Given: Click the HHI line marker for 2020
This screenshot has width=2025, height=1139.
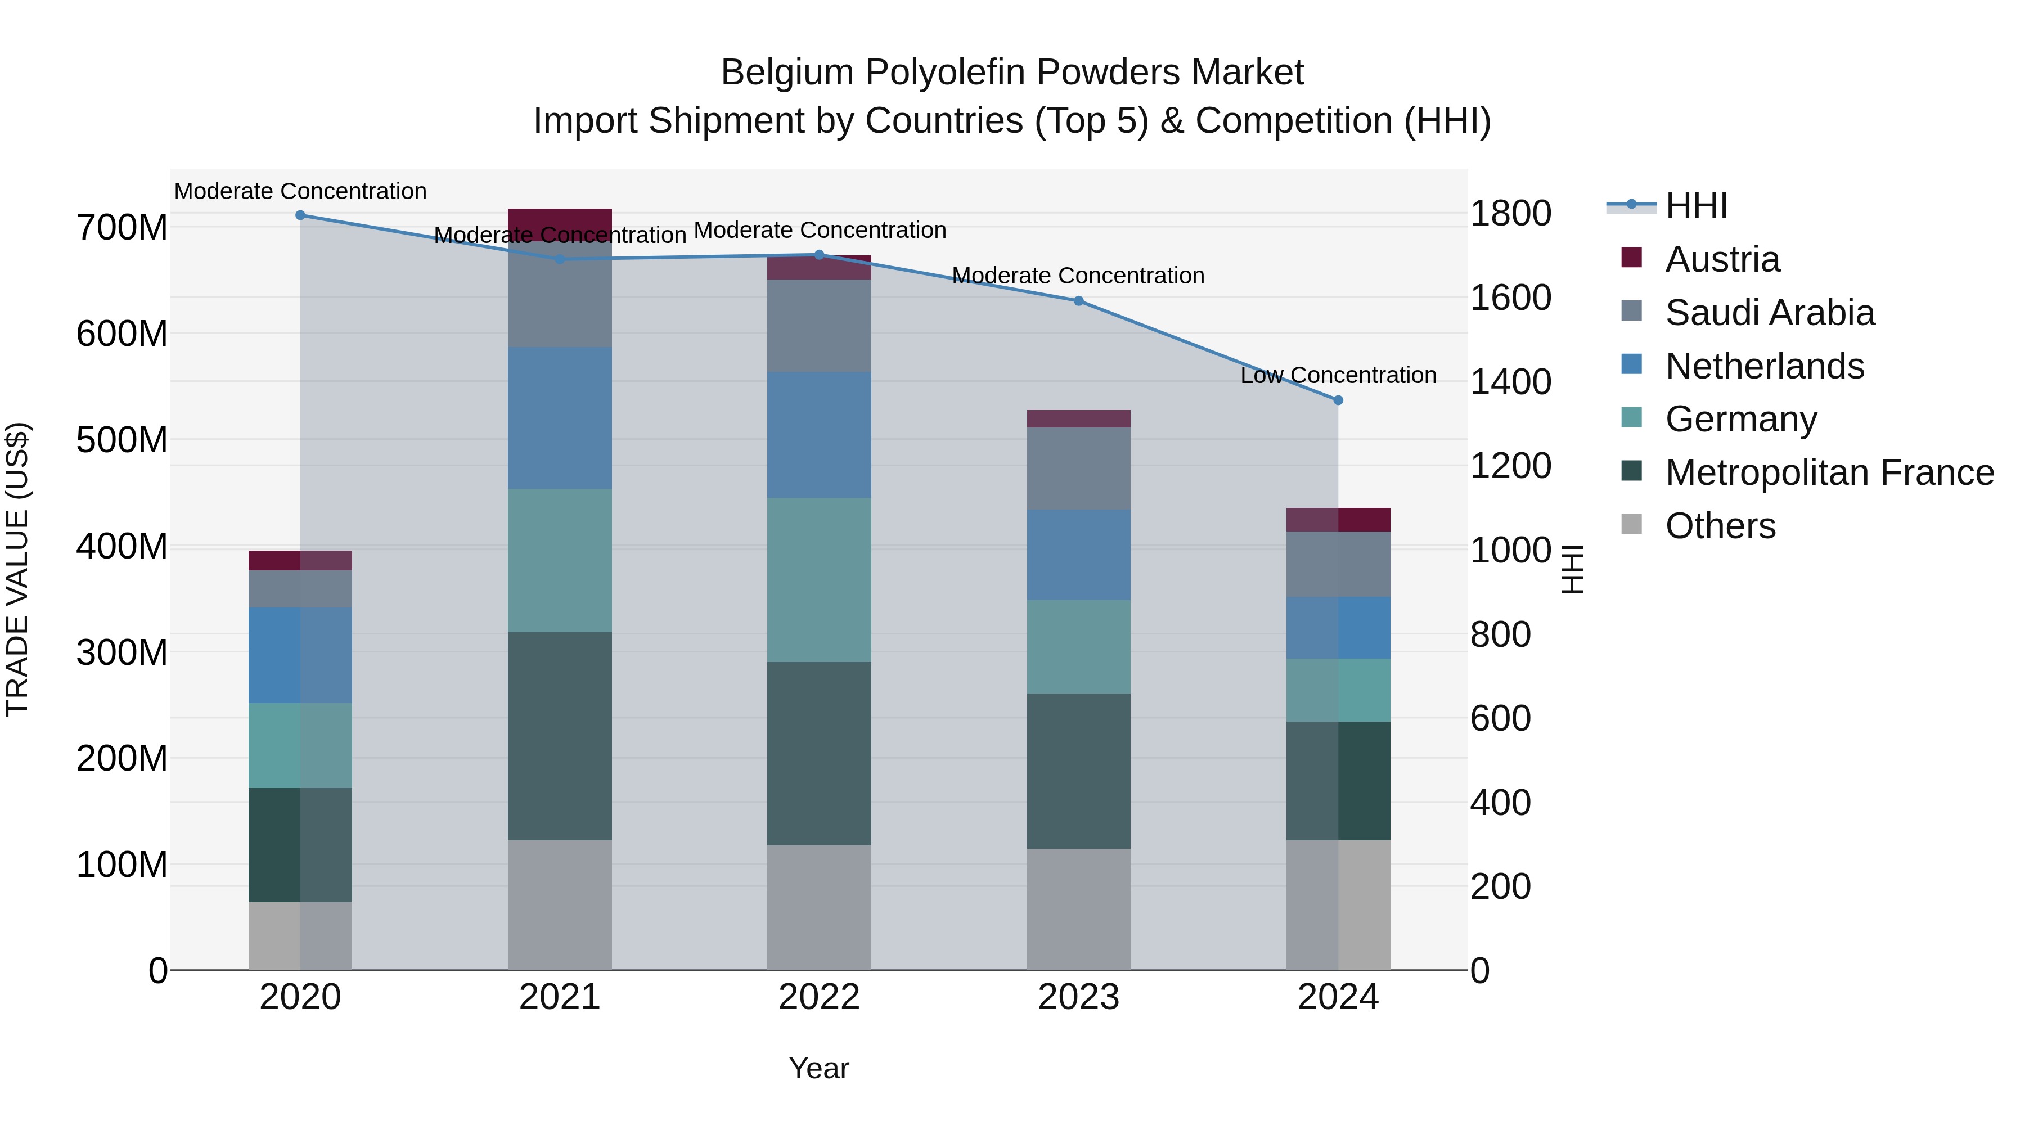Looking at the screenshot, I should point(300,215).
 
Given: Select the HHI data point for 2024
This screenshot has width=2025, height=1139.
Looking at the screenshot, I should point(1338,400).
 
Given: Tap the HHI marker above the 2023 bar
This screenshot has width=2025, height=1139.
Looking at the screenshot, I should point(1078,301).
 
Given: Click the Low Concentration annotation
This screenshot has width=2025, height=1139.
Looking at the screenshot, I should point(1338,376).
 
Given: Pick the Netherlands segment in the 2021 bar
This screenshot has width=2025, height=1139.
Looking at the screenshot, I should point(560,418).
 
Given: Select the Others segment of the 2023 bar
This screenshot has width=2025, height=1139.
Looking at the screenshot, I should point(1078,909).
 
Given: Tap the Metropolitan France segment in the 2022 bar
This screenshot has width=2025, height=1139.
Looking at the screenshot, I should point(819,753).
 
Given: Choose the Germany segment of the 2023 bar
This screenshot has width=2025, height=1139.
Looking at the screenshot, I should point(1078,646).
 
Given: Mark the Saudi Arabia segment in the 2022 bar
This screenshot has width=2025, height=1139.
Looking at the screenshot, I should point(819,326).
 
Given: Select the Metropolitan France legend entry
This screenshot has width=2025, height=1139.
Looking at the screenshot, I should point(1829,472).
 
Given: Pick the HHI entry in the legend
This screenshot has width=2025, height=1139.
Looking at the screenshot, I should point(1695,206).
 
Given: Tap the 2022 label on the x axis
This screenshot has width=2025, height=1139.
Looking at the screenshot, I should point(819,997).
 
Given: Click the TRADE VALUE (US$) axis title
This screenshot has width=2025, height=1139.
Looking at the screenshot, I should point(18,569).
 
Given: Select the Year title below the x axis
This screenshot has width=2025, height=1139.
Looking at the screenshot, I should point(819,1068).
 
